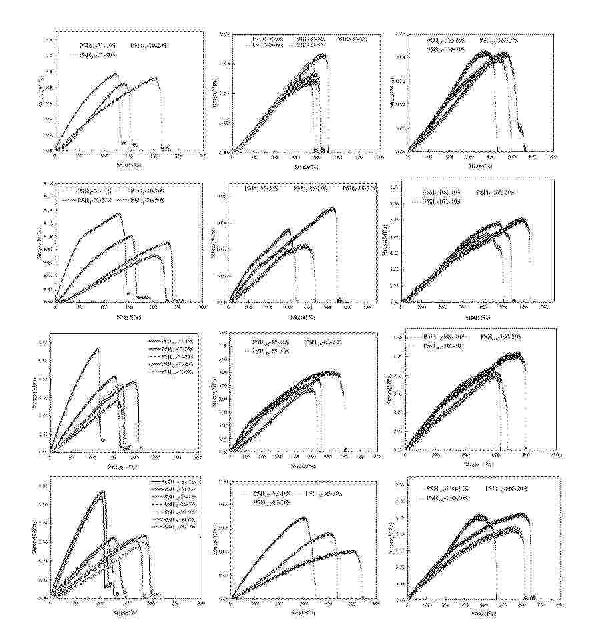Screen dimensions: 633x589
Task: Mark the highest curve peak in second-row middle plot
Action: coord(332,208)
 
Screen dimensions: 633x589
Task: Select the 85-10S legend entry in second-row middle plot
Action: coord(261,189)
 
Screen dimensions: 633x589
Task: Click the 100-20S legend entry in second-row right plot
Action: coord(496,192)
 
